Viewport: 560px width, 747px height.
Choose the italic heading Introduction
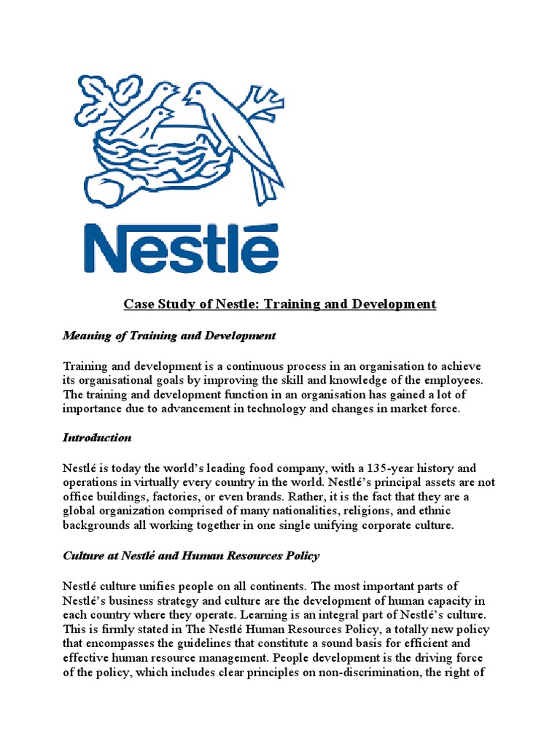pos(97,438)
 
